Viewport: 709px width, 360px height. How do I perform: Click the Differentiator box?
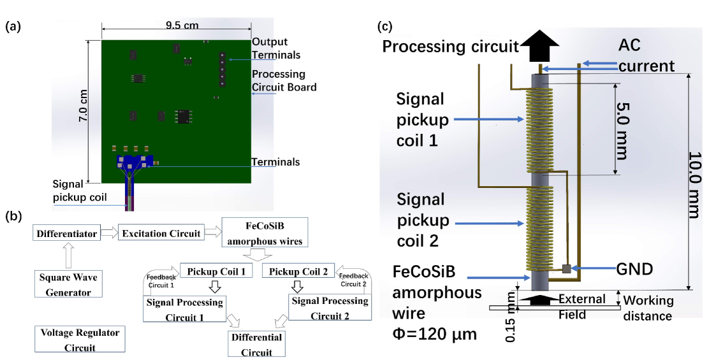click(x=66, y=233)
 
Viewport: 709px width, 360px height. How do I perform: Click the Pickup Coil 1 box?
click(x=217, y=271)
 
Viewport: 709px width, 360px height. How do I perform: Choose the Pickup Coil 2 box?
click(x=298, y=271)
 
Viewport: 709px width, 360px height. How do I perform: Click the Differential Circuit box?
click(x=256, y=344)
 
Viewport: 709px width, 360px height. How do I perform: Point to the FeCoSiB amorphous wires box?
click(x=265, y=233)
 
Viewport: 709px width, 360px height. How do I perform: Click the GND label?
click(x=635, y=269)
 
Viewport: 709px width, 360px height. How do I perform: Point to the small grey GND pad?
click(x=566, y=268)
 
